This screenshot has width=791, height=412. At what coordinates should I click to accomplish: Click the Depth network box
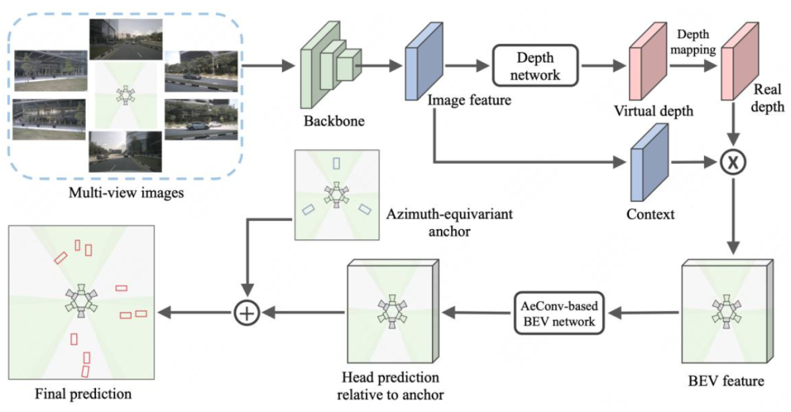[x=535, y=66]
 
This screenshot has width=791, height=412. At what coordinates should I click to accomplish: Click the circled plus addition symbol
[x=248, y=313]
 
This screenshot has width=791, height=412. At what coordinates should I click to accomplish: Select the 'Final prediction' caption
[x=83, y=394]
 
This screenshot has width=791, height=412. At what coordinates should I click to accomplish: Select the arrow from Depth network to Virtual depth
[x=604, y=66]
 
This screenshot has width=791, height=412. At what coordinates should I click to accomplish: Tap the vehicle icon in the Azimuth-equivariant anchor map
[x=336, y=195]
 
